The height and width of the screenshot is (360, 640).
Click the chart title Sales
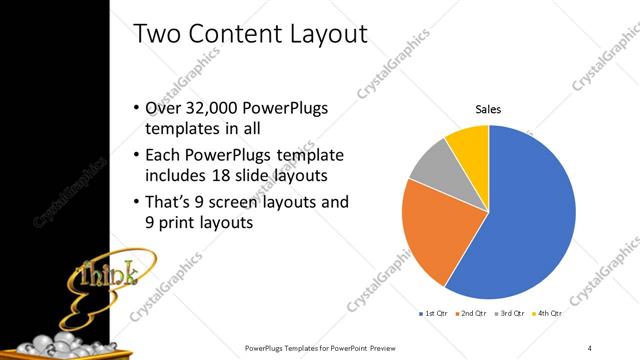pyautogui.click(x=488, y=109)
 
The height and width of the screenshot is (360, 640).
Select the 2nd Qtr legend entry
pyautogui.click(x=470, y=314)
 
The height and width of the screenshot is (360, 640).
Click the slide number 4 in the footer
pyautogui.click(x=590, y=347)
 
